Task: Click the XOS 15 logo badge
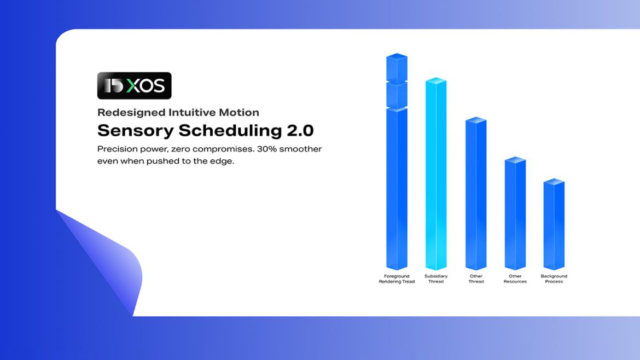tap(134, 86)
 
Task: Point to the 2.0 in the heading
tap(300, 131)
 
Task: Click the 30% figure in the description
tap(266, 149)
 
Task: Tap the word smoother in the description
tap(300, 149)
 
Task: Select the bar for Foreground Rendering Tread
tap(397, 161)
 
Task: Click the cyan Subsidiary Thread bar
tap(436, 173)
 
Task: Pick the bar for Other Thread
tap(476, 194)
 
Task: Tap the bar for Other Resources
tap(515, 213)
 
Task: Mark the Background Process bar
tap(554, 224)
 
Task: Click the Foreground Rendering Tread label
tap(397, 279)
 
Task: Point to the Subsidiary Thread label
tap(436, 279)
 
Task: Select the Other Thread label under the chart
tap(476, 279)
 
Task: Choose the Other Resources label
tap(515, 279)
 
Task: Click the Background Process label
tap(554, 279)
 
